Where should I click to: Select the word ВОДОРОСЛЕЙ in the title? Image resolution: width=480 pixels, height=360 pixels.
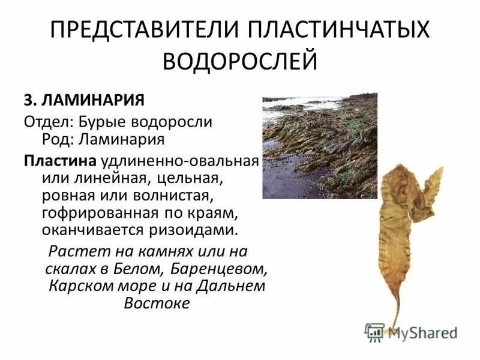[240, 61]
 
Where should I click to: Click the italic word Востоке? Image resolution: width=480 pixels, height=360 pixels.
[157, 303]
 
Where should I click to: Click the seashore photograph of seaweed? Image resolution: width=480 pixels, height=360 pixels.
[320, 146]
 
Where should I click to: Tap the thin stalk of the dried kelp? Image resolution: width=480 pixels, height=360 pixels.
[396, 309]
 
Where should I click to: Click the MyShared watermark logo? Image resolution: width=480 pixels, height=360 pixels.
[411, 330]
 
